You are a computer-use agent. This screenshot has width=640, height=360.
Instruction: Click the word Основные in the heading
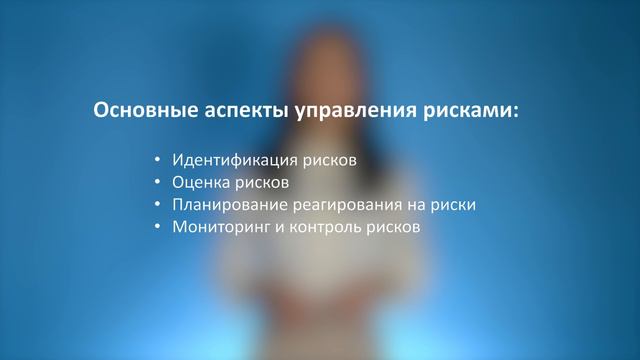(x=138, y=111)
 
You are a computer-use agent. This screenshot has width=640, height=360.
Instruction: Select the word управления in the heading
(x=332, y=111)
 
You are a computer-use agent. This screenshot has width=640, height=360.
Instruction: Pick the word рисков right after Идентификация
(x=328, y=160)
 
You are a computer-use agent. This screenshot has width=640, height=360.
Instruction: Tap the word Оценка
(x=201, y=183)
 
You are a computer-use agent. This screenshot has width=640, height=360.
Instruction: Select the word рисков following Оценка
(x=262, y=183)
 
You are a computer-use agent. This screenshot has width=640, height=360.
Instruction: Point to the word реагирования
(x=332, y=205)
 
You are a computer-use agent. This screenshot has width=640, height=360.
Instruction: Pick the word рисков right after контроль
(x=384, y=228)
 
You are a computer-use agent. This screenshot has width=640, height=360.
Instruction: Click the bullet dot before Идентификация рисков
(x=158, y=160)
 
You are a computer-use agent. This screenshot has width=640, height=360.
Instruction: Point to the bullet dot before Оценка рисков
(x=158, y=183)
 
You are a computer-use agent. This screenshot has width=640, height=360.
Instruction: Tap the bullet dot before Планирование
(x=158, y=205)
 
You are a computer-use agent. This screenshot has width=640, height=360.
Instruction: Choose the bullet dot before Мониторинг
(x=158, y=228)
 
